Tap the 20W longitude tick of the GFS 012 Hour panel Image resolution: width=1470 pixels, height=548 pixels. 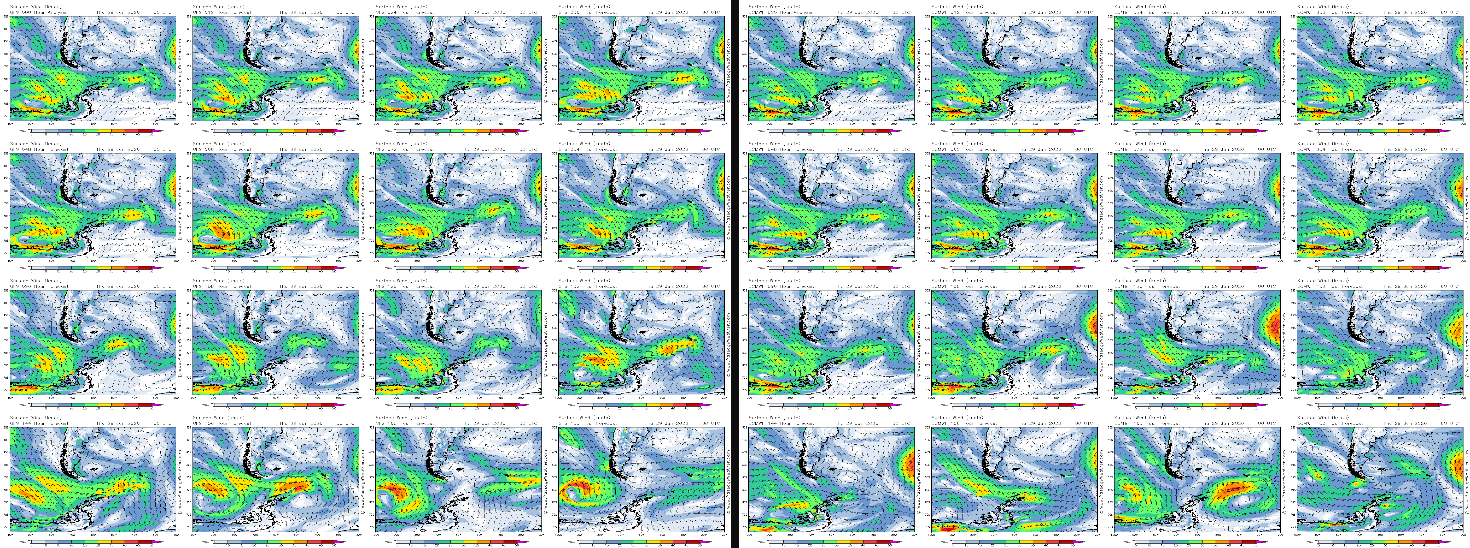click(359, 123)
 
